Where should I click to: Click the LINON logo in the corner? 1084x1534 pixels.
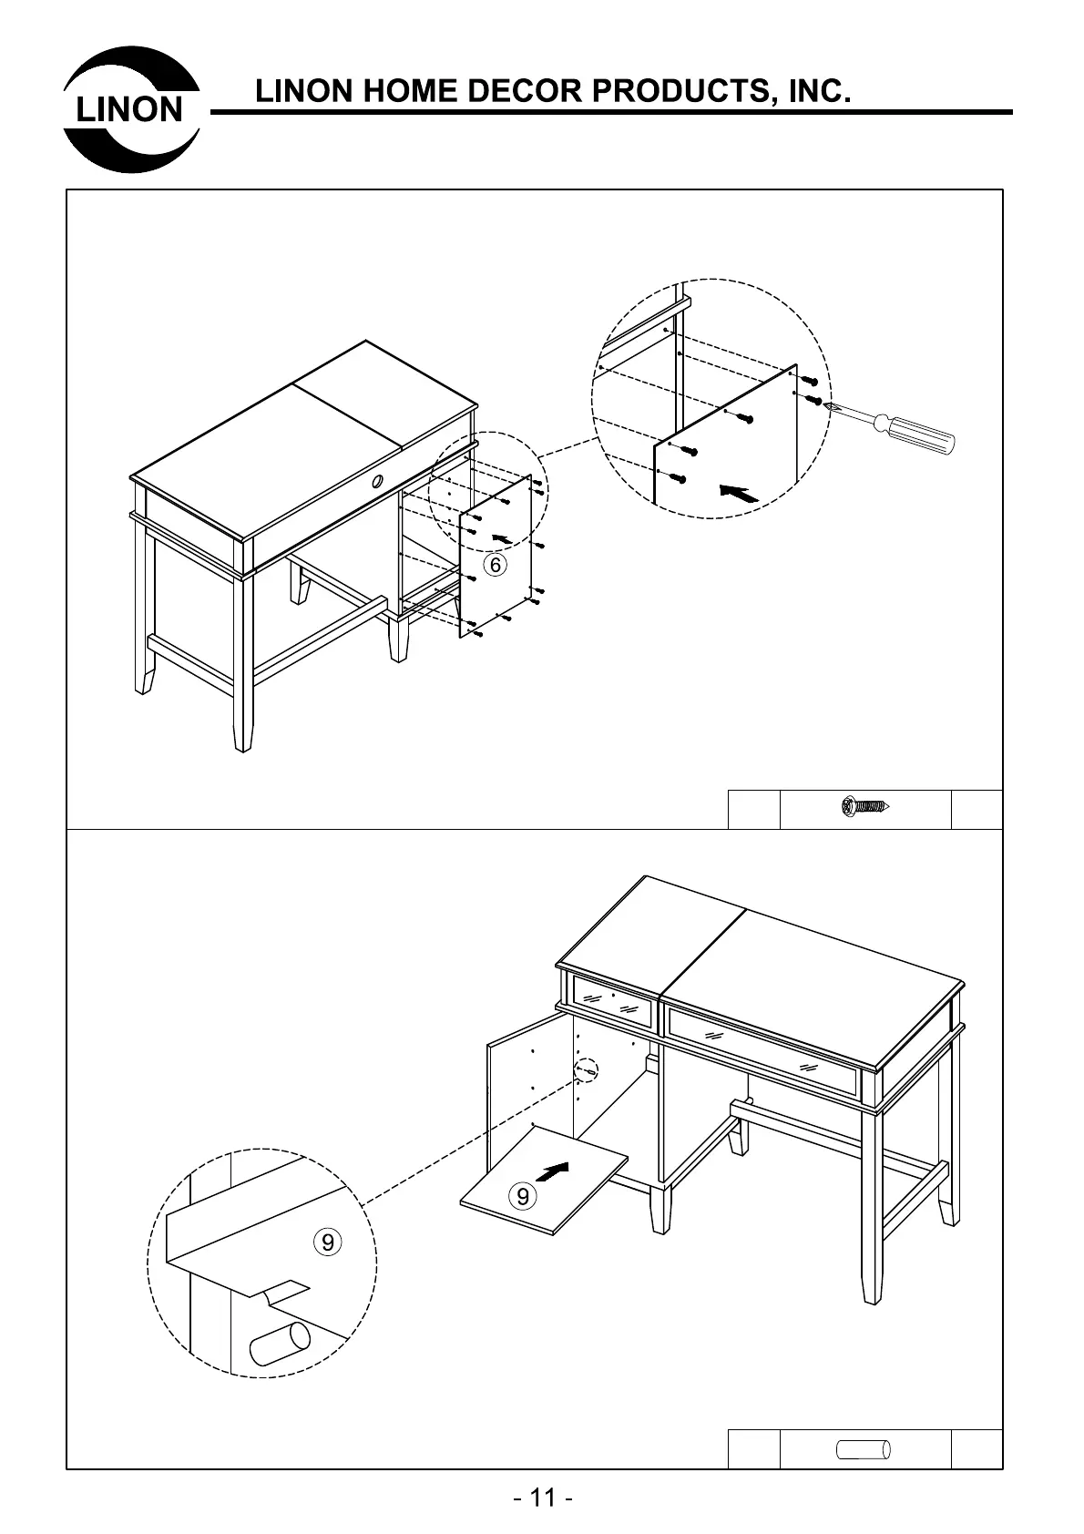[131, 108]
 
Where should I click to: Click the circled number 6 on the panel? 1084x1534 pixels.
[495, 565]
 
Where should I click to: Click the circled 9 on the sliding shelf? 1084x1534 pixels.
[522, 1195]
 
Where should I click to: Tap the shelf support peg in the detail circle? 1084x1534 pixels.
[279, 1345]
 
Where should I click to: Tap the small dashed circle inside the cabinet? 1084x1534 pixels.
[588, 1071]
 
